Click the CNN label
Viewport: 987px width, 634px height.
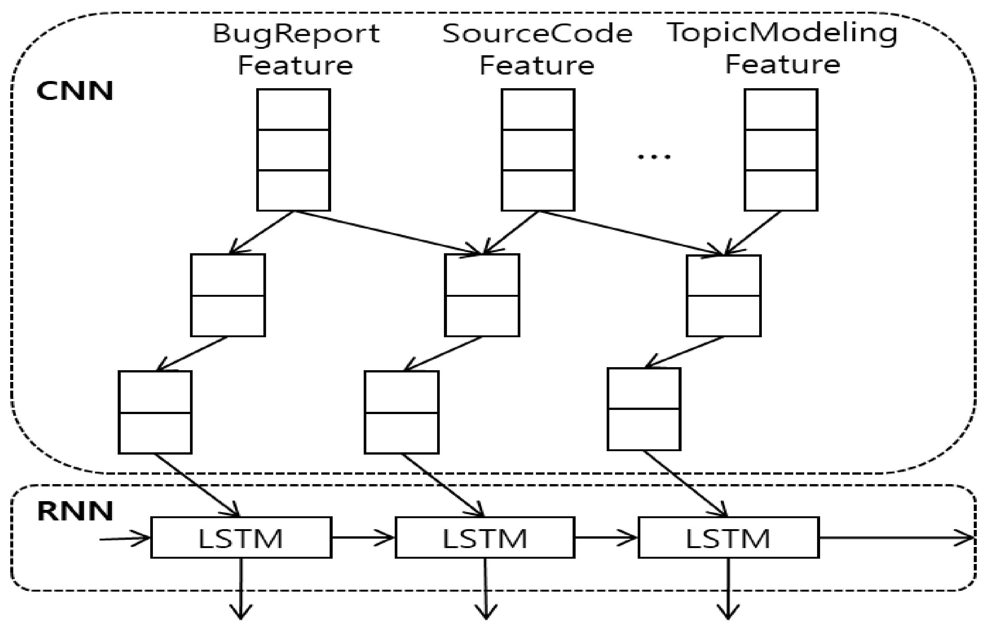coord(75,91)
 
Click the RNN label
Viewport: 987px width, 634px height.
coord(75,511)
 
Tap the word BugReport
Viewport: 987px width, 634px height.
coord(296,34)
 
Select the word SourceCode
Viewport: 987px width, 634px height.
coord(537,34)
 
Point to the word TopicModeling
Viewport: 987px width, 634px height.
coord(782,33)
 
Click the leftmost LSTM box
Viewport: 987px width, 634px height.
coord(241,537)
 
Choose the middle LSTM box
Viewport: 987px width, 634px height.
coord(485,537)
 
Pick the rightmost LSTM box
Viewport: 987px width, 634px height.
coord(729,537)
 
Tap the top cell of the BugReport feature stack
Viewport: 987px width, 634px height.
coord(293,109)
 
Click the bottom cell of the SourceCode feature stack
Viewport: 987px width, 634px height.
coord(537,190)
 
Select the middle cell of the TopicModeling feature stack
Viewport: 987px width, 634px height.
coord(781,150)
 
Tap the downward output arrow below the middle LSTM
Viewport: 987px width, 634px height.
coord(486,589)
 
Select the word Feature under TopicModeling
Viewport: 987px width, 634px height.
coord(782,65)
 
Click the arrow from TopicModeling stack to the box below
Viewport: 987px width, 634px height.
coord(752,233)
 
